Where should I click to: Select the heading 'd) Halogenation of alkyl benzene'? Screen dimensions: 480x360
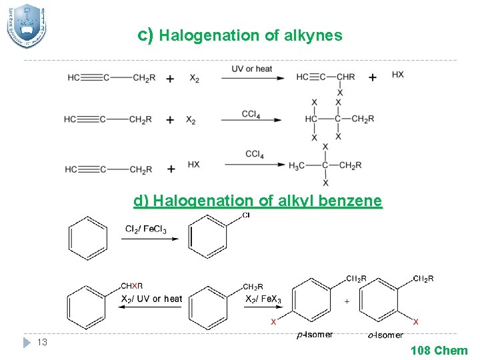258,201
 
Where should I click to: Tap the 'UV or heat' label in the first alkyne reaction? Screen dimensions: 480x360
252,69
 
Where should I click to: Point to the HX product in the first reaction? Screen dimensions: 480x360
397,74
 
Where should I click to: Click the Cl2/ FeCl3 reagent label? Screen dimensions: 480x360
146,229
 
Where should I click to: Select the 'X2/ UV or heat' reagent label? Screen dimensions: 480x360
151,299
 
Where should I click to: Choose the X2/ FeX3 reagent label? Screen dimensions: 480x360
263,299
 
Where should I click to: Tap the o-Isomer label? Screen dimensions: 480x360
385,335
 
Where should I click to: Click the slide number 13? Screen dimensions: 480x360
42,342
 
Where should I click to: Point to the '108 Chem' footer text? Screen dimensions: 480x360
439,350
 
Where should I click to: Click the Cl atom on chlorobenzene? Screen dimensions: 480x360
246,215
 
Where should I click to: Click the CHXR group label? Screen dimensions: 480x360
131,286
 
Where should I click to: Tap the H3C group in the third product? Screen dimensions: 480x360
297,165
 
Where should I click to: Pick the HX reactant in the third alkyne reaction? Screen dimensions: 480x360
193,164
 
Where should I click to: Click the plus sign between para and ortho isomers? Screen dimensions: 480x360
346,301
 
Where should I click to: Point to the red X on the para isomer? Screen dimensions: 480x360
273,321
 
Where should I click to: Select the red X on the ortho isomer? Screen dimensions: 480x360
416,321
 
